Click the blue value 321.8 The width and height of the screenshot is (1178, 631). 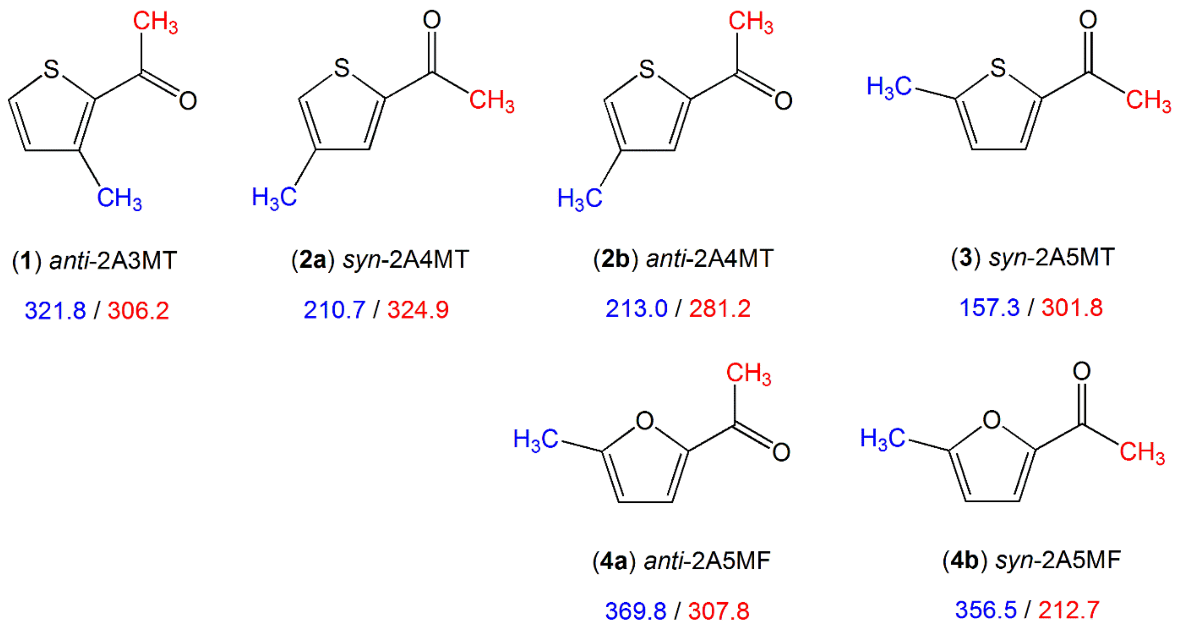pyautogui.click(x=55, y=311)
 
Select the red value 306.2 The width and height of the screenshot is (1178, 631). pyautogui.click(x=138, y=311)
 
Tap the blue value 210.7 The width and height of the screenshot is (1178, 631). pyautogui.click(x=334, y=310)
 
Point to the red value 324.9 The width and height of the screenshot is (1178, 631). pyautogui.click(x=418, y=310)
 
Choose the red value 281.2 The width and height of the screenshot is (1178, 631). pyautogui.click(x=720, y=309)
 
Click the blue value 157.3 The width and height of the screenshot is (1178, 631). pyautogui.click(x=990, y=308)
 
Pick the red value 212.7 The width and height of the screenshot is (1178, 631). pyautogui.click(x=1069, y=610)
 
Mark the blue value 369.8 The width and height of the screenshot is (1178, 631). pyautogui.click(x=636, y=611)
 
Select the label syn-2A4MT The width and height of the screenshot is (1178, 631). pyautogui.click(x=406, y=260)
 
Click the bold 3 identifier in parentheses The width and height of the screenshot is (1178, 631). pyautogui.click(x=965, y=258)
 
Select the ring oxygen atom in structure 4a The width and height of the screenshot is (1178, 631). pyautogui.click(x=645, y=421)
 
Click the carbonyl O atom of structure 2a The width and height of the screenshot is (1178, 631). pyautogui.click(x=432, y=20)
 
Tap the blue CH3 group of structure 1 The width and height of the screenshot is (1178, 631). pyautogui.click(x=119, y=198)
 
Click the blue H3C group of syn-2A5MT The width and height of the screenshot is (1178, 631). pyautogui.click(x=889, y=87)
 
